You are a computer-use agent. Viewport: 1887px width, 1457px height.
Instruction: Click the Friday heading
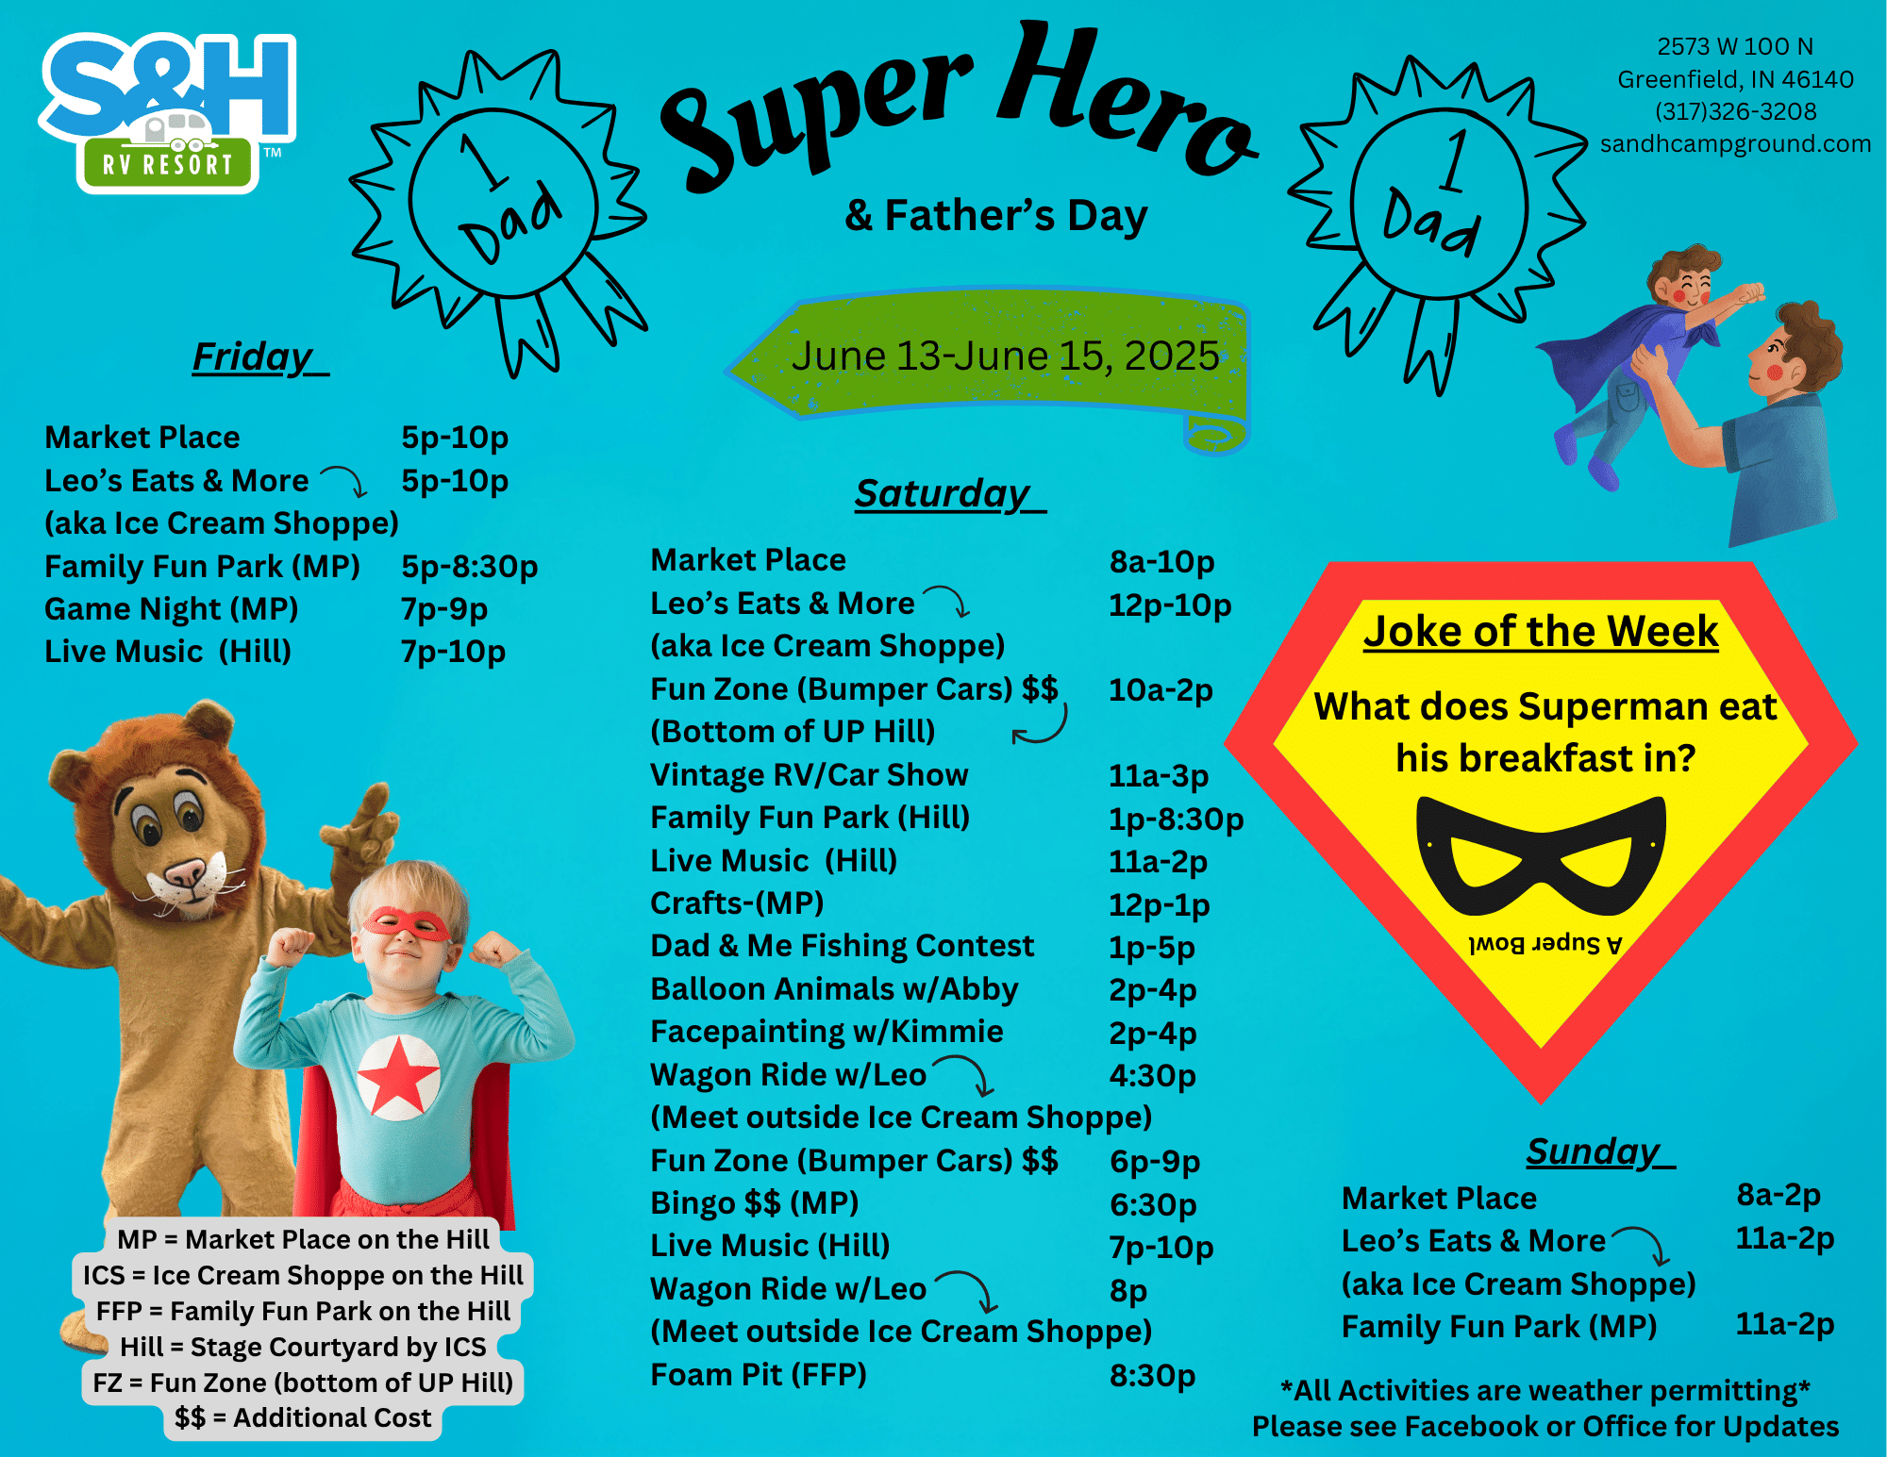tap(260, 358)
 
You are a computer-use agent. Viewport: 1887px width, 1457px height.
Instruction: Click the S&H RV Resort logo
tap(168, 112)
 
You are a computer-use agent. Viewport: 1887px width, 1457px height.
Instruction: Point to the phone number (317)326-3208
tap(1735, 111)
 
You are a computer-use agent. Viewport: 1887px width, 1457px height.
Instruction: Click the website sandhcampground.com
tap(1735, 143)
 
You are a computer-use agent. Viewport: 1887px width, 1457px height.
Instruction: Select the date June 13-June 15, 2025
tap(1005, 356)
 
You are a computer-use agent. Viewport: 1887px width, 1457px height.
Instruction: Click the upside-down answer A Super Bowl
tap(1545, 943)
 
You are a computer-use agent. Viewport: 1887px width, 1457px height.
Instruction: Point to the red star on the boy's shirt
tap(398, 1074)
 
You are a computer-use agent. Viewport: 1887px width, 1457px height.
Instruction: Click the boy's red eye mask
tap(407, 922)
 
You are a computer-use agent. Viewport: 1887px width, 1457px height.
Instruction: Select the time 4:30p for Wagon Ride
tap(1152, 1075)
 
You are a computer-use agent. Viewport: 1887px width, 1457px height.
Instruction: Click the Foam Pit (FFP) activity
tap(759, 1375)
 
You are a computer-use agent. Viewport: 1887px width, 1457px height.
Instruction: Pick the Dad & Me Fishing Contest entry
tap(843, 946)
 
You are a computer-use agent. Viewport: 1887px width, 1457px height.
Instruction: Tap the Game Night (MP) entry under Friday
tap(172, 609)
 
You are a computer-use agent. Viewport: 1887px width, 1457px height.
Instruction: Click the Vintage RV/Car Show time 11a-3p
tap(1159, 775)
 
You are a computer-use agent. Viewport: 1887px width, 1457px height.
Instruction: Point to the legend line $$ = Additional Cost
tap(303, 1417)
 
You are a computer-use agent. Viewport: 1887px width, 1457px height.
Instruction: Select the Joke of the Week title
tap(1541, 631)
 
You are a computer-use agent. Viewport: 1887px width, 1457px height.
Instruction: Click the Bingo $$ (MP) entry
tap(755, 1203)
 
